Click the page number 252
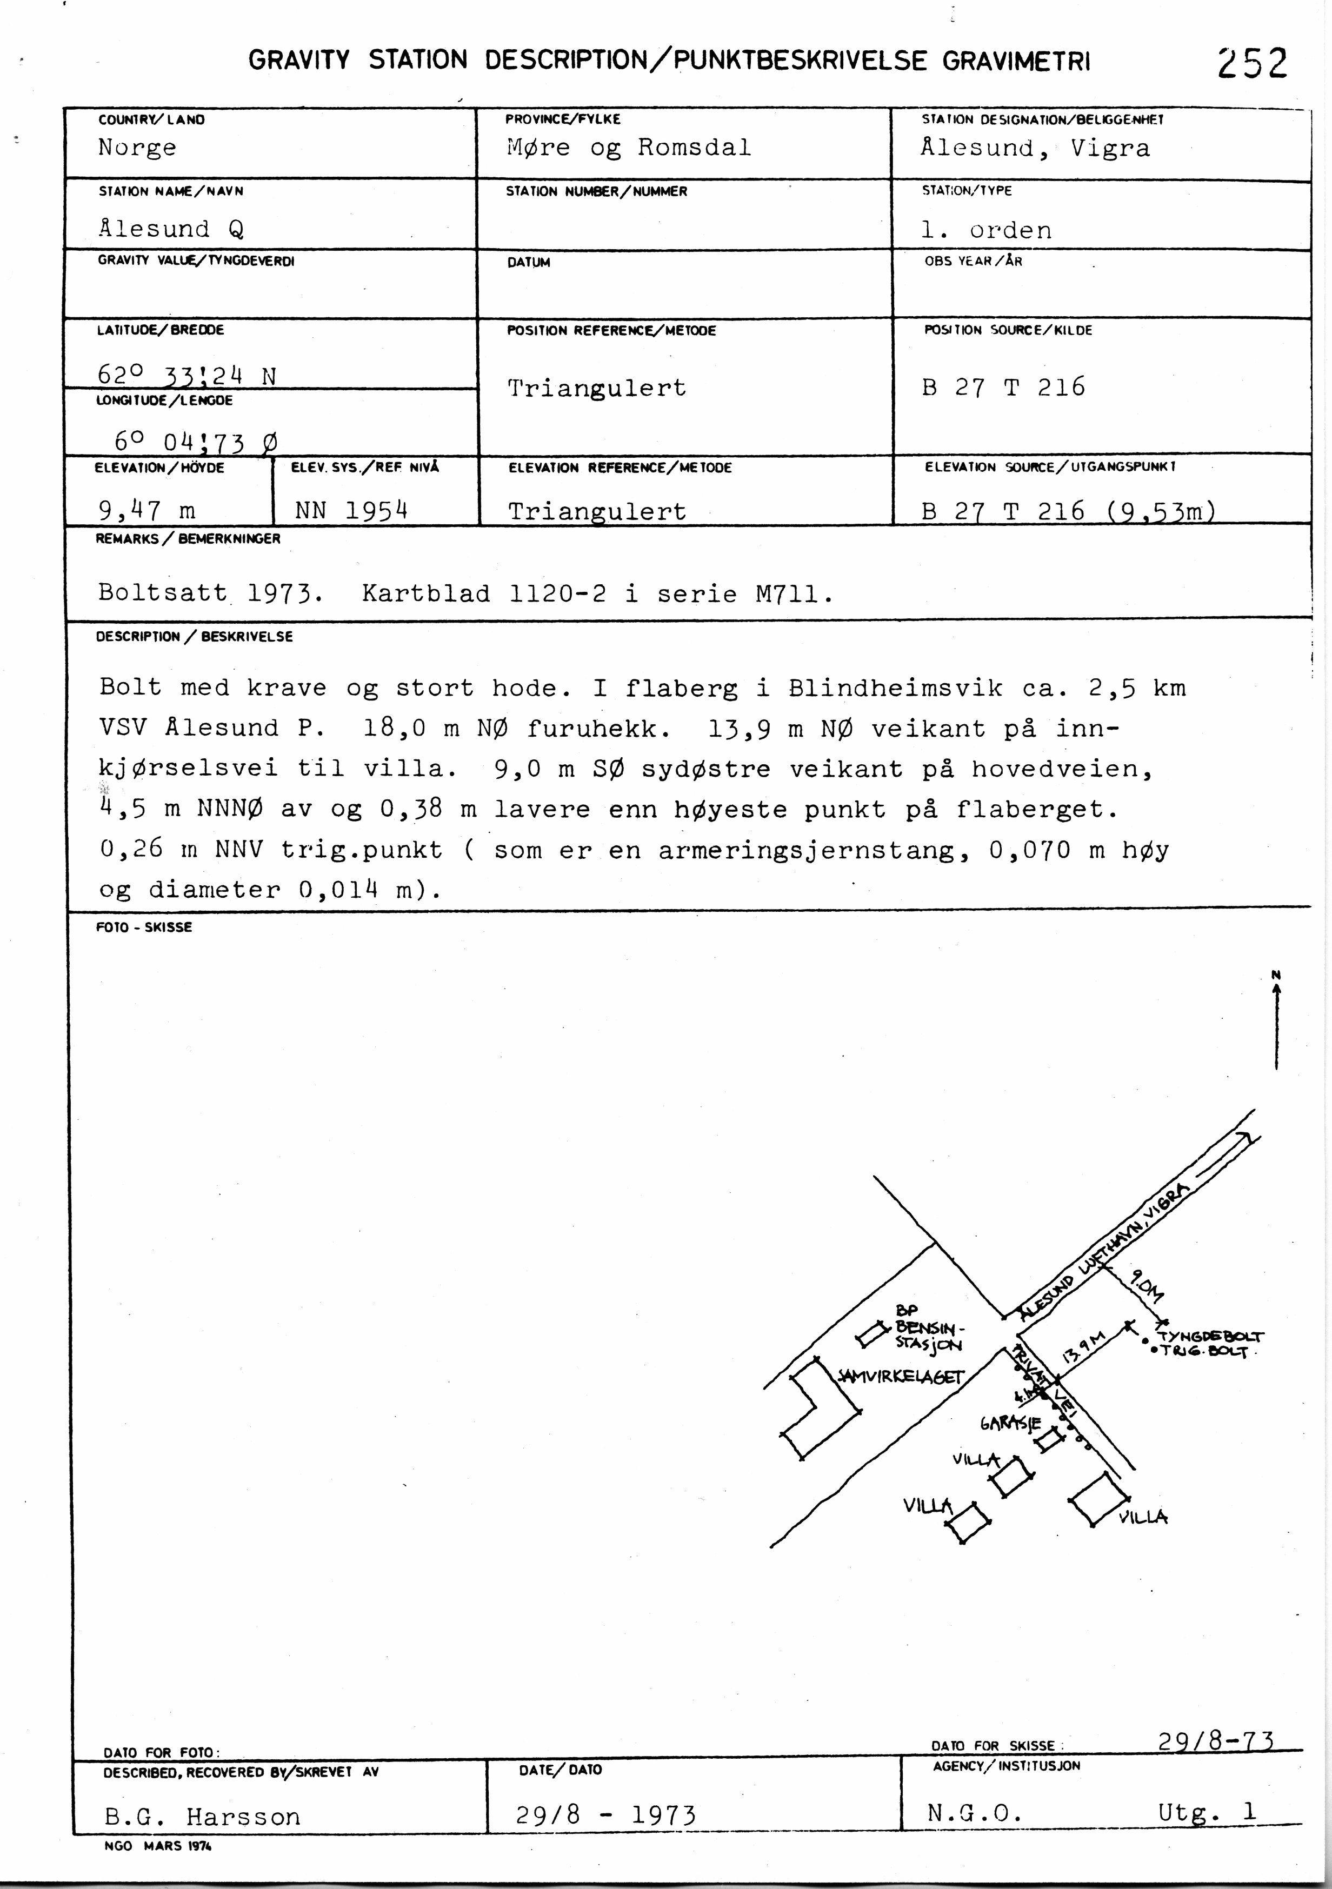[1252, 63]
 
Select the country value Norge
[137, 148]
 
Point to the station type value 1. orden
[985, 230]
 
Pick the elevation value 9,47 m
[146, 511]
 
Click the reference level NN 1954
[351, 511]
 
